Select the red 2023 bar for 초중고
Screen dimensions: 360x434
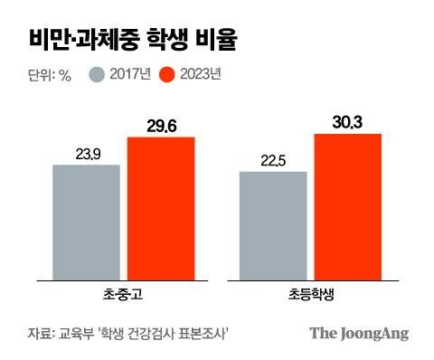(x=160, y=207)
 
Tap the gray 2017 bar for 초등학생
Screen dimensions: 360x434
(x=272, y=224)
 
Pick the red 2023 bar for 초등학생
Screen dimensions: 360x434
(x=347, y=205)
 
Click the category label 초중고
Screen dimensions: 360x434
(x=124, y=294)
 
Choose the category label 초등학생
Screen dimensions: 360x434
(x=310, y=294)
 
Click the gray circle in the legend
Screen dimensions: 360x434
(x=99, y=74)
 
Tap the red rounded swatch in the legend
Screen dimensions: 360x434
(x=166, y=74)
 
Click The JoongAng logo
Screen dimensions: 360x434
(x=359, y=333)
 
